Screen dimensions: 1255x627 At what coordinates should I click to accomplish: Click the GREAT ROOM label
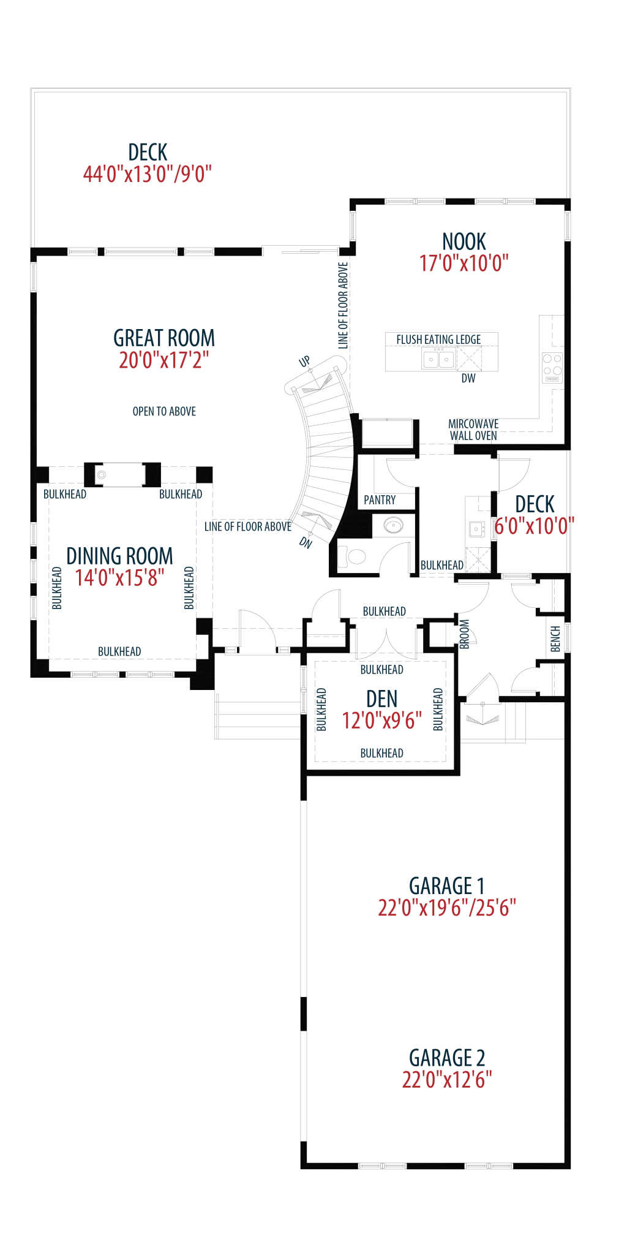pos(164,338)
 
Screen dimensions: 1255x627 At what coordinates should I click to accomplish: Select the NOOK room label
pos(464,241)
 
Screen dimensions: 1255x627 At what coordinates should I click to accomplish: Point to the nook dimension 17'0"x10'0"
pos(464,264)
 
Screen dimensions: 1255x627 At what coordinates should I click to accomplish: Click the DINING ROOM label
pos(119,556)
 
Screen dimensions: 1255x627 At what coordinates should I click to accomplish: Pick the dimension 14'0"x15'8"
pos(119,577)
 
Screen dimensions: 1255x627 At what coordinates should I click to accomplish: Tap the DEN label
pos(382,699)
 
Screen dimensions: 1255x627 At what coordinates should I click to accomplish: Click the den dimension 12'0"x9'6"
pos(382,721)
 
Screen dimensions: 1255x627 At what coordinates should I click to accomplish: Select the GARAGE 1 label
pos(447,885)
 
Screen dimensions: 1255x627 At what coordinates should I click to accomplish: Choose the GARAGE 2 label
pos(447,1058)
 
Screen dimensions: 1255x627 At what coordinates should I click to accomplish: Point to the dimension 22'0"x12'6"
pos(447,1080)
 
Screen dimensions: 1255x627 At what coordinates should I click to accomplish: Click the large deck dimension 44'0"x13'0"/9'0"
pos(147,174)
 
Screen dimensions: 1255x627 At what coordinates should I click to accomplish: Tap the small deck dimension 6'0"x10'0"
pos(535,526)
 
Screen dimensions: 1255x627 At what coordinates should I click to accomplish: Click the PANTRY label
pos(380,500)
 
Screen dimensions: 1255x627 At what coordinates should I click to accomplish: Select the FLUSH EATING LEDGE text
pos(438,339)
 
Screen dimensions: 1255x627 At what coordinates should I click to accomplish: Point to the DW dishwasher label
pos(468,378)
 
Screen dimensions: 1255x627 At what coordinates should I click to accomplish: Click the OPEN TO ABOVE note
pos(164,411)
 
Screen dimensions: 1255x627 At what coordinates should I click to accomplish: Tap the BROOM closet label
pos(465,634)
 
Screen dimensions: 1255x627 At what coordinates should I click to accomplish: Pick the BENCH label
pos(555,639)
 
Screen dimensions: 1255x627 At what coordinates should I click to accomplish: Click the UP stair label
pos(304,362)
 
